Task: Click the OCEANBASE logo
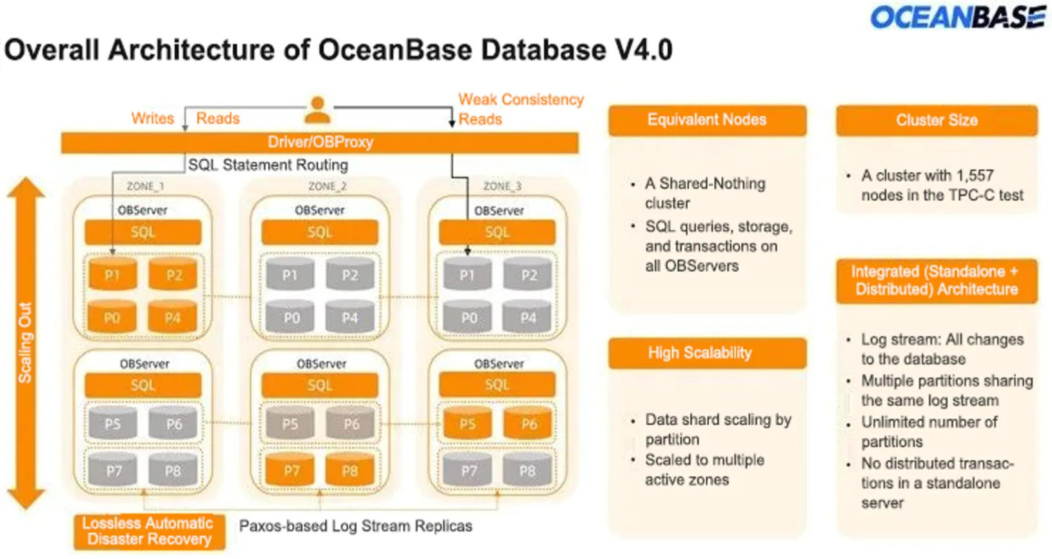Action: pyautogui.click(x=957, y=17)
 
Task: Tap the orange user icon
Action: pyautogui.click(x=317, y=110)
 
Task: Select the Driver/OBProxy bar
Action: pyautogui.click(x=320, y=143)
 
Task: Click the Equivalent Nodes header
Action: pyautogui.click(x=707, y=120)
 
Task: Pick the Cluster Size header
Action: pyautogui.click(x=937, y=120)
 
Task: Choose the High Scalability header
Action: pyautogui.click(x=707, y=353)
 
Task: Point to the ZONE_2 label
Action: pyautogui.click(x=327, y=187)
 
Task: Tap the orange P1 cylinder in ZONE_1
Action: pyautogui.click(x=112, y=274)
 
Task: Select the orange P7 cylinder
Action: pyautogui.click(x=292, y=470)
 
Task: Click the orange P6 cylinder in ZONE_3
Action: pyautogui.click(x=529, y=423)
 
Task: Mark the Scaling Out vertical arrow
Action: pyautogui.click(x=26, y=342)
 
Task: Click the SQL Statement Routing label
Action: pyautogui.click(x=268, y=165)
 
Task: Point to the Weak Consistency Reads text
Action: pyautogui.click(x=520, y=109)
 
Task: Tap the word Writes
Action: pyautogui.click(x=152, y=119)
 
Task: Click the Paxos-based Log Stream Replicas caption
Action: pyautogui.click(x=355, y=526)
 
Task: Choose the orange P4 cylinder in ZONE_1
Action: pyautogui.click(x=172, y=317)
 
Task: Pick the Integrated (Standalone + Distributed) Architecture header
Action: pyautogui.click(x=937, y=281)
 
